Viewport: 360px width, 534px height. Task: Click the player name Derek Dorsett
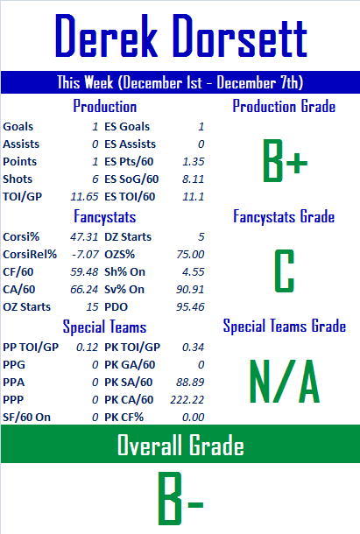(x=181, y=36)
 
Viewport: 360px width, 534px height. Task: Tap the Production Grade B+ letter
(x=285, y=161)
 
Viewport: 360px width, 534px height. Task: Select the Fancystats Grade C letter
(x=285, y=271)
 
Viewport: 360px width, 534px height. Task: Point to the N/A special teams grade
(x=285, y=381)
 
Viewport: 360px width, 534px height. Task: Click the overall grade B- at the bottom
(x=180, y=498)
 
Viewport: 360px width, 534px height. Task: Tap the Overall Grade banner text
(x=180, y=445)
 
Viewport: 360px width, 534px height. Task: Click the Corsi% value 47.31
(x=84, y=236)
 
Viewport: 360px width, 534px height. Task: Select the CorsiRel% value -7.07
(x=85, y=255)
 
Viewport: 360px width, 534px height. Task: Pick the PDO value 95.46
(x=190, y=307)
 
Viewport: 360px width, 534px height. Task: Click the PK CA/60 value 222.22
(x=187, y=399)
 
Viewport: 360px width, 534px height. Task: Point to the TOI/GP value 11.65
(x=84, y=196)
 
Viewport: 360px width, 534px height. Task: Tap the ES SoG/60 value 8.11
(x=193, y=179)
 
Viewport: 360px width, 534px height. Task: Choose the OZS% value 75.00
(x=190, y=255)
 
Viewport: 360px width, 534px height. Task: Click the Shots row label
(x=18, y=179)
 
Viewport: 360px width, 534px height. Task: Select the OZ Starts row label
(x=26, y=307)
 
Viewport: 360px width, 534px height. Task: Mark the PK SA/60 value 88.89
(x=190, y=382)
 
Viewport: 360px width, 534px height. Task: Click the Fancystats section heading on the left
(x=104, y=217)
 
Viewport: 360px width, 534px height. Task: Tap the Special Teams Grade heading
(x=285, y=326)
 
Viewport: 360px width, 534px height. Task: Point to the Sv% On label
(x=124, y=290)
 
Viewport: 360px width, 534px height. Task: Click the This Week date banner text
(x=180, y=82)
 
